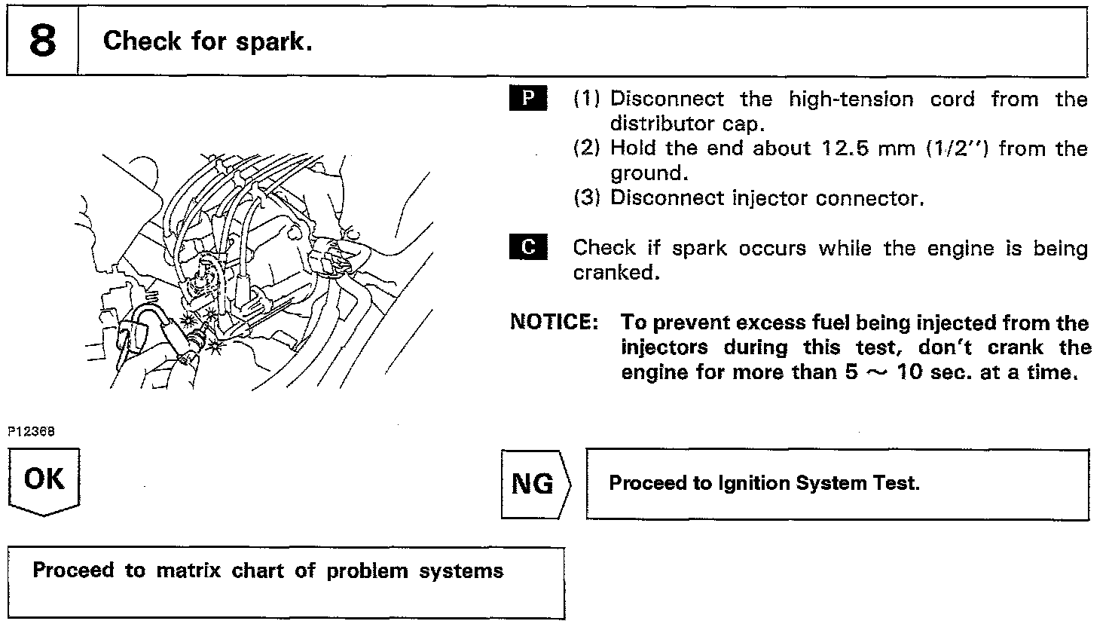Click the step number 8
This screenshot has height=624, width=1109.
coord(42,41)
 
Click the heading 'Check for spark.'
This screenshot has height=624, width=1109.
coord(207,41)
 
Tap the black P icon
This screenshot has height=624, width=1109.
coord(529,99)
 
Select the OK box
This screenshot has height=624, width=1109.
coord(44,480)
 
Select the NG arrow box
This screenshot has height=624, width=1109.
coord(534,484)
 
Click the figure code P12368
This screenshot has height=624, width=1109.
coord(32,431)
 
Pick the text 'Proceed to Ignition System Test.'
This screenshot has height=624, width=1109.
coord(764,483)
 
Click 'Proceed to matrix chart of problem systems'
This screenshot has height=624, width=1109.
coord(267,570)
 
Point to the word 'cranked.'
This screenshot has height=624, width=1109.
coord(616,272)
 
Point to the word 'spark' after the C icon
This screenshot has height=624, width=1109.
coord(698,248)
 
